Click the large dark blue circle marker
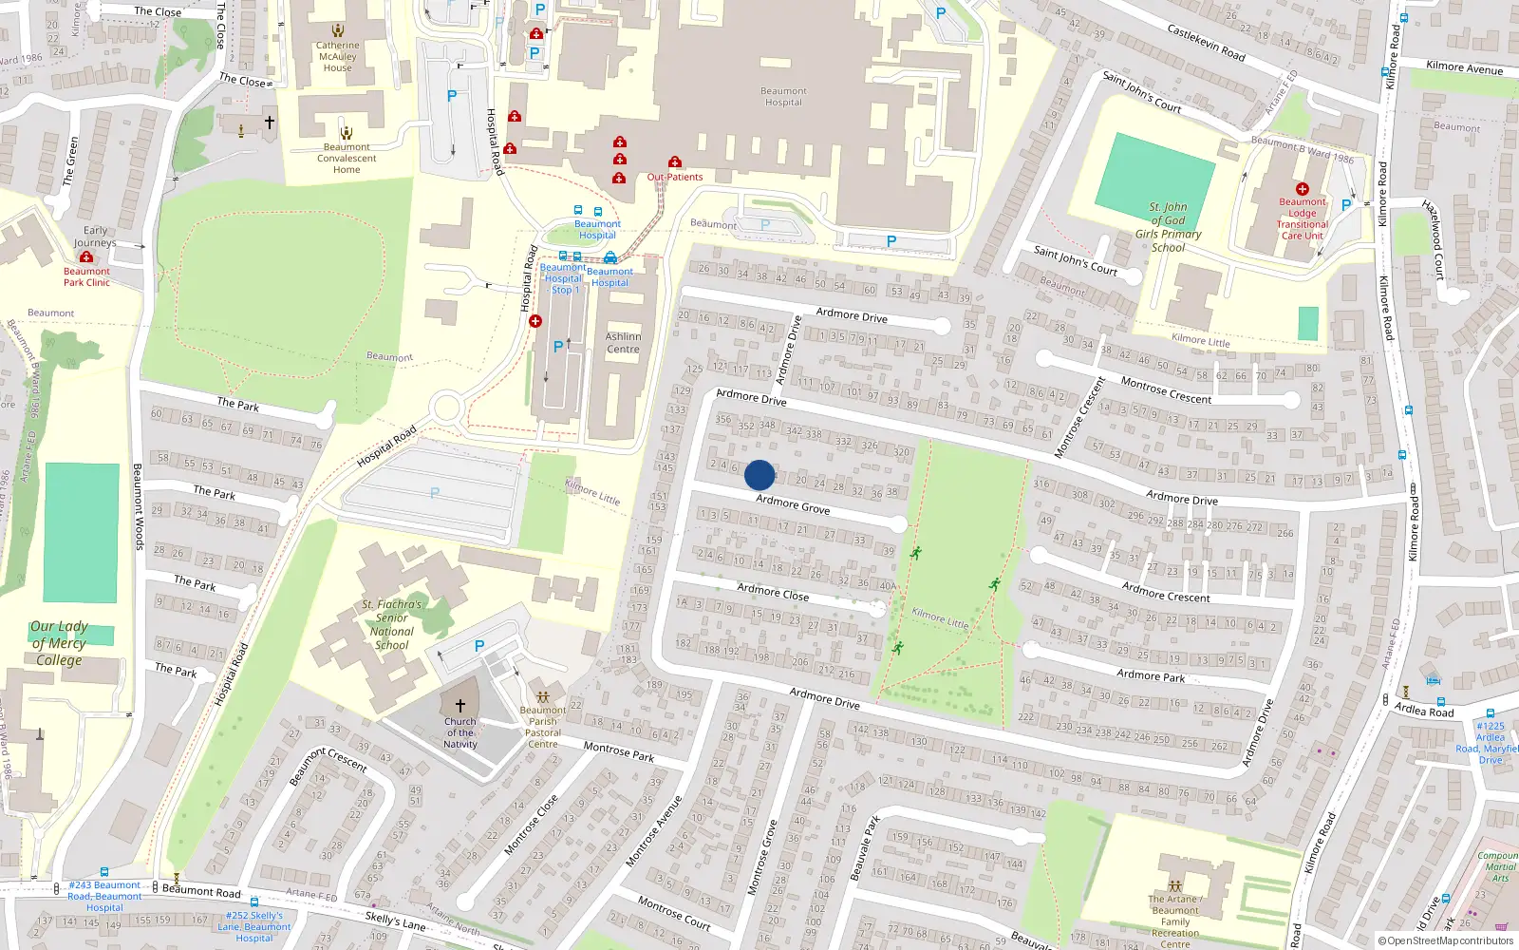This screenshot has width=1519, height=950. point(759,475)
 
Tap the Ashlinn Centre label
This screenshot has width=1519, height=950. point(623,343)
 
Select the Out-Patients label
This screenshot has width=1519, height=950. point(675,177)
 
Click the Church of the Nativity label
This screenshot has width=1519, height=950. point(460,732)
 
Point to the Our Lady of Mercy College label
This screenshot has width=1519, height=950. point(59,643)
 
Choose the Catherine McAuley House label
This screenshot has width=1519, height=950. point(338,56)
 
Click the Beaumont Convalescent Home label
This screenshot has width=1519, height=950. point(347,158)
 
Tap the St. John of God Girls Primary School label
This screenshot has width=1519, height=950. point(1168,227)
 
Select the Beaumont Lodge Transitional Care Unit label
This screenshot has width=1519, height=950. point(1303,218)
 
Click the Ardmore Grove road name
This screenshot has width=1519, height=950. point(793,504)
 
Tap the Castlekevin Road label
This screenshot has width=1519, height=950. point(1206,44)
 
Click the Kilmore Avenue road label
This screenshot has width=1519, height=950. point(1464,67)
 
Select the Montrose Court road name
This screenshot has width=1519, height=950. point(674,913)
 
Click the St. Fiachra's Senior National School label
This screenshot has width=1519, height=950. point(391,624)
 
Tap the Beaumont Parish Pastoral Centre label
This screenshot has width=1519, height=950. point(543,727)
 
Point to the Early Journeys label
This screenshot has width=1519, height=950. point(95,237)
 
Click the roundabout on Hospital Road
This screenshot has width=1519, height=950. point(445,409)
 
